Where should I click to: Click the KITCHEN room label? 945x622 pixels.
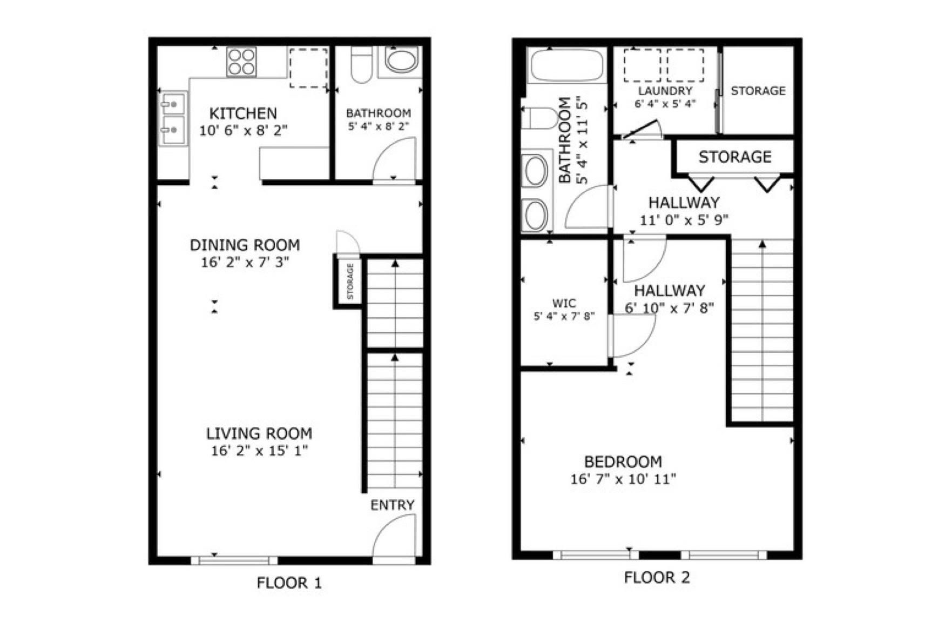coord(243,113)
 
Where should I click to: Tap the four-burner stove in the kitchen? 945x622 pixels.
coord(241,62)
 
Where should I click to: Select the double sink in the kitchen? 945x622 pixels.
coord(173,118)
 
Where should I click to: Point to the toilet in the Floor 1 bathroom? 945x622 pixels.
coord(361,64)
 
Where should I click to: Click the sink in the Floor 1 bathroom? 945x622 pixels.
coord(401,61)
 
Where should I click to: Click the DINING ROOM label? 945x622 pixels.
coord(245,245)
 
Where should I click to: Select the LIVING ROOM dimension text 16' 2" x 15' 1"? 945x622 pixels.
coord(260,450)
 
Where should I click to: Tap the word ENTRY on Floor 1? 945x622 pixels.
coord(393,505)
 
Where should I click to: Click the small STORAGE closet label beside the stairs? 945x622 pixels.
coord(350,281)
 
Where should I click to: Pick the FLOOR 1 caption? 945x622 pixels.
coord(289,583)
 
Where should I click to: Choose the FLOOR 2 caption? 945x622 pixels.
coord(657,577)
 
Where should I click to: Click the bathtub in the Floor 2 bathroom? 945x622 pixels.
coord(566,65)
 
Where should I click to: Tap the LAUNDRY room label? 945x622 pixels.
coord(665,91)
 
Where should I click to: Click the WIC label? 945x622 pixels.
coord(564,303)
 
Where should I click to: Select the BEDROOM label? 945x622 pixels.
coord(623,462)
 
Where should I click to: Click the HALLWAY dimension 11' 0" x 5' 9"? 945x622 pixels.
coord(684,220)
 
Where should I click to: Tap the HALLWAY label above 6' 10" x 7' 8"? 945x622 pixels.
coord(669,291)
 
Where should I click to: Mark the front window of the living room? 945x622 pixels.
coord(234,560)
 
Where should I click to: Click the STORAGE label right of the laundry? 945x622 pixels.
coord(758,91)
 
